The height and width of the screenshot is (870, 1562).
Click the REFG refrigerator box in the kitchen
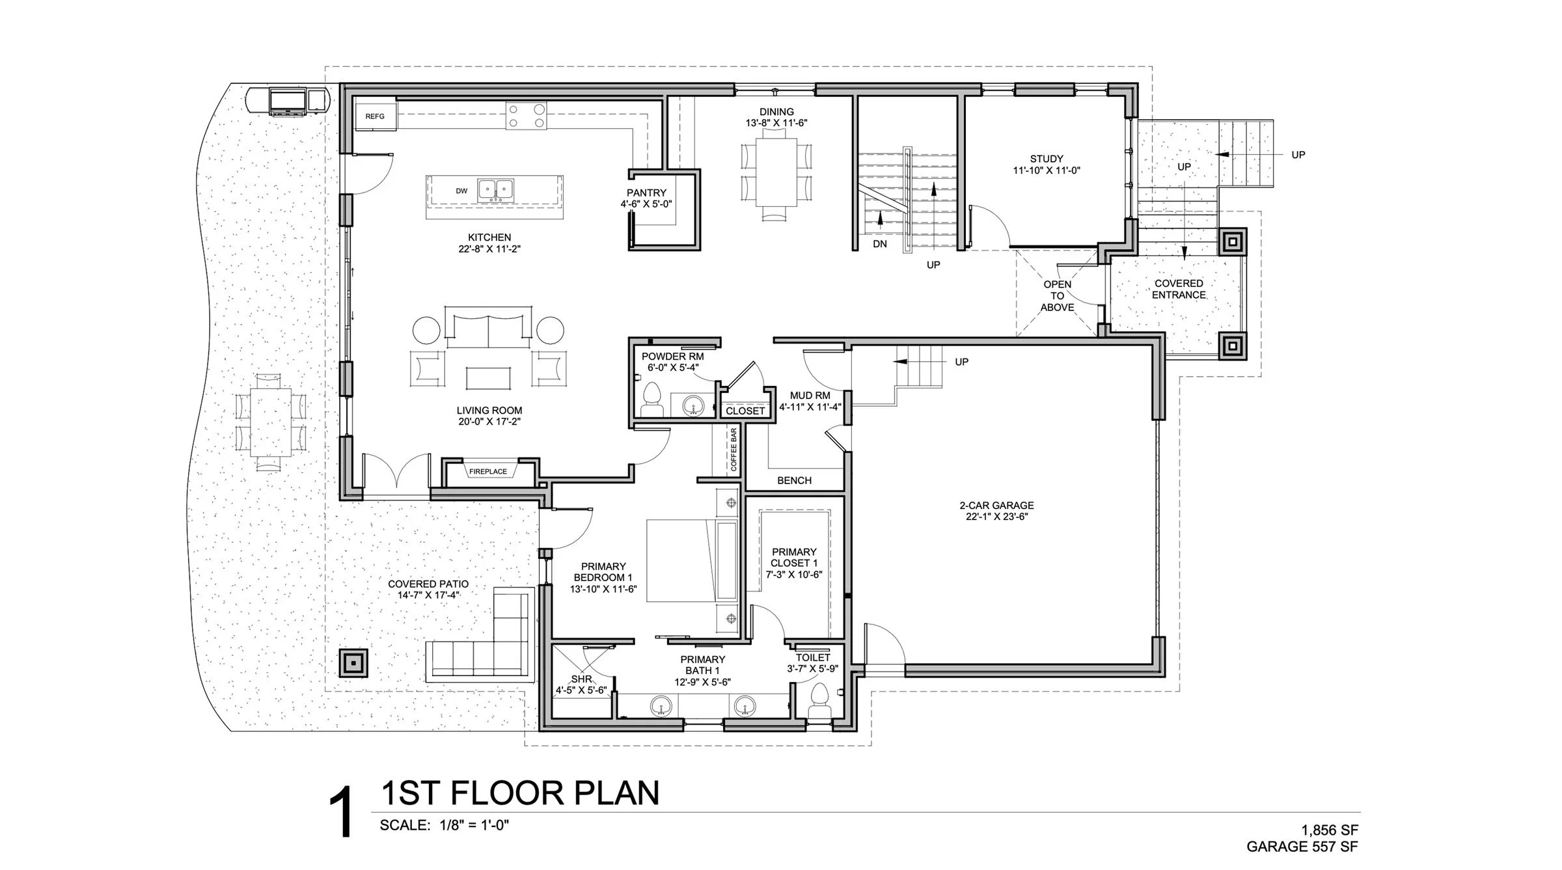375,116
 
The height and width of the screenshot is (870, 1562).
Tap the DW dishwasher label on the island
461,191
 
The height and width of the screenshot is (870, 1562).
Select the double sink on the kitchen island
495,189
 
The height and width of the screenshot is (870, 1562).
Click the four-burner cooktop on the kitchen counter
526,116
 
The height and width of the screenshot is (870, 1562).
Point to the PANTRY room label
646,193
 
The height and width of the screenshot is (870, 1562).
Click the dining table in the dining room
776,172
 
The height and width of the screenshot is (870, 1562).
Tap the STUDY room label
1047,159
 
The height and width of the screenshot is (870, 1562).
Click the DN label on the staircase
880,244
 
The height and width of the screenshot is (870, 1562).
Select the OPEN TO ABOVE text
1057,295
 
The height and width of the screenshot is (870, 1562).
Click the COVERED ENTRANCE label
1179,289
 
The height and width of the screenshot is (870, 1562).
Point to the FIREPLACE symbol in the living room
488,471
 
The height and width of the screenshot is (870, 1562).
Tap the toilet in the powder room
651,400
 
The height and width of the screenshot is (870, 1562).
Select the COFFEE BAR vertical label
733,449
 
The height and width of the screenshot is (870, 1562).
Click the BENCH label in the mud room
794,480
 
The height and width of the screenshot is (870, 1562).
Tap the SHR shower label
581,679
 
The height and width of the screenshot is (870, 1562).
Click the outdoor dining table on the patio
271,421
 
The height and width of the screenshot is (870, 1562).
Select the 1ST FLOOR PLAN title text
520,793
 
